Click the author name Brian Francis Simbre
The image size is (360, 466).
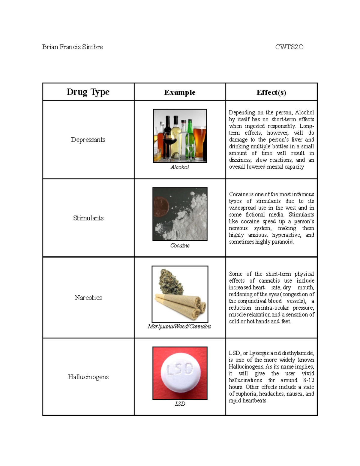pos(72,47)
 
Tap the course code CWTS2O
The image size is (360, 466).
pos(289,47)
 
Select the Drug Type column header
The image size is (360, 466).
pos(88,92)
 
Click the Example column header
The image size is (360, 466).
pos(180,92)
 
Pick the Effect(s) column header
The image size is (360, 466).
pos(271,92)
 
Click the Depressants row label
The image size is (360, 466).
pos(88,140)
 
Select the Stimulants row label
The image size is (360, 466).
pos(88,218)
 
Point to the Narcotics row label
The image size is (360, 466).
pos(88,298)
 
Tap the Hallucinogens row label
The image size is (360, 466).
pos(88,377)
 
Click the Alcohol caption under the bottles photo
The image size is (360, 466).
pos(180,167)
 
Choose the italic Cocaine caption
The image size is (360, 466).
pos(180,245)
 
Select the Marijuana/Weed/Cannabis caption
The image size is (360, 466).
pos(179,326)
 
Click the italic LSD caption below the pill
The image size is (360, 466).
pos(180,404)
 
